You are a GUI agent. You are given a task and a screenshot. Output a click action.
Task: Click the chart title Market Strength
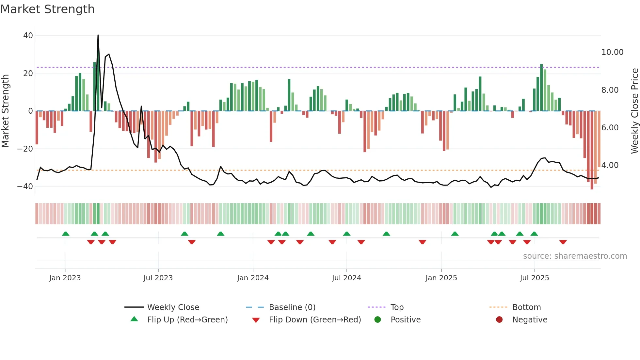(x=47, y=9)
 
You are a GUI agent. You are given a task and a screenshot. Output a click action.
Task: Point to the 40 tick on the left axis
(x=28, y=36)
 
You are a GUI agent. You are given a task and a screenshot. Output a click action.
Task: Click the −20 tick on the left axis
(x=25, y=149)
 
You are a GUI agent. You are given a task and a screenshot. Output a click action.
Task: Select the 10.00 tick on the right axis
(x=612, y=52)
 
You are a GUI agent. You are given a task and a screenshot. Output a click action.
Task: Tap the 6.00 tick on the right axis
(x=610, y=128)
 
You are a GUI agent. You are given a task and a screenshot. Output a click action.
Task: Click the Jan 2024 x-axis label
(x=253, y=278)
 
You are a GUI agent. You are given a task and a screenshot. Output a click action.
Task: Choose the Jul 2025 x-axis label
(x=534, y=278)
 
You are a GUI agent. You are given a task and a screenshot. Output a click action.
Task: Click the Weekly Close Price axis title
(x=634, y=111)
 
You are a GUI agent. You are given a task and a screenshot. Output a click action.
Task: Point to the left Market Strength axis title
(x=5, y=111)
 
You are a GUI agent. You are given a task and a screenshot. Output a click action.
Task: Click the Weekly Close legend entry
(x=173, y=307)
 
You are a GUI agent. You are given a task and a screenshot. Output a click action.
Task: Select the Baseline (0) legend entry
(x=292, y=307)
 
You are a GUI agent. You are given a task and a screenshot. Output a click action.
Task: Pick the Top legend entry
(x=397, y=307)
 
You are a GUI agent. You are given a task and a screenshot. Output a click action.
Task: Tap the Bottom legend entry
(x=526, y=307)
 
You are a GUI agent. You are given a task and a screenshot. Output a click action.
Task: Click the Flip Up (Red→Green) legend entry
(x=187, y=320)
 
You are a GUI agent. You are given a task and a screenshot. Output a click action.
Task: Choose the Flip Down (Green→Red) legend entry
(x=315, y=320)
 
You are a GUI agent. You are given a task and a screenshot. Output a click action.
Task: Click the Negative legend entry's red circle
(x=499, y=320)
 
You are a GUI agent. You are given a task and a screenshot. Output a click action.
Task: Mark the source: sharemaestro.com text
(x=575, y=256)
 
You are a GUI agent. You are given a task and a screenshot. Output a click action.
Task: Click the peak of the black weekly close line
(x=98, y=35)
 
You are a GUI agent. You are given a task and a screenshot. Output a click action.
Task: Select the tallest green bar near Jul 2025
(x=541, y=88)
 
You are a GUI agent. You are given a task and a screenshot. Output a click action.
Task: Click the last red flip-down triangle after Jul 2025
(x=563, y=242)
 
